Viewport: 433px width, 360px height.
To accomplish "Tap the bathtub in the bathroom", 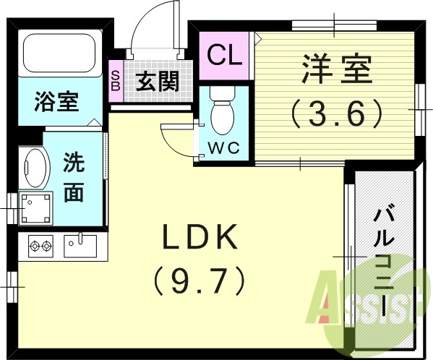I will (x=60, y=53).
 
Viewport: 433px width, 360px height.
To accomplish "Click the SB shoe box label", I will (x=116, y=80).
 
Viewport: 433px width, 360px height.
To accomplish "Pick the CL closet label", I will (x=225, y=55).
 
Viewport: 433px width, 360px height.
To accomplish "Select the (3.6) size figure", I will (x=335, y=113).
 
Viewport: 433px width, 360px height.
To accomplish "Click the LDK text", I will (x=199, y=237).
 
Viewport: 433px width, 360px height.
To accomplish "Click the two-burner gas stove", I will (x=40, y=247).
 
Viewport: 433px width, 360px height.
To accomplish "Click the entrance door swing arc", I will (x=153, y=25).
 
